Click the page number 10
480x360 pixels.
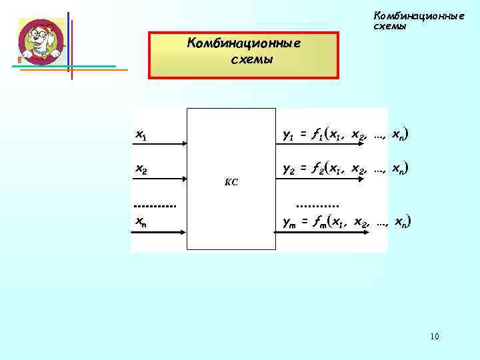click(x=435, y=336)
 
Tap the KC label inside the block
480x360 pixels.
click(x=231, y=181)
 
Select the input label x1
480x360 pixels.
click(x=141, y=135)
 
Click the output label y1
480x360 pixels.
click(x=288, y=136)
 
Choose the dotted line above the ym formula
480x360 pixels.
click(x=317, y=206)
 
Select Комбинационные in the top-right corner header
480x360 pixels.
click(x=419, y=15)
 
